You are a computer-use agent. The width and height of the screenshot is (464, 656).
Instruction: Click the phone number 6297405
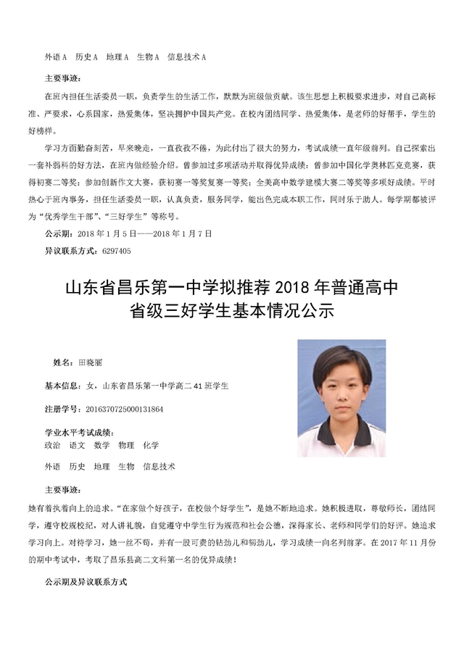pos(116,251)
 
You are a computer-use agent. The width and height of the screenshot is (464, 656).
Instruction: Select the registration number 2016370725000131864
pos(125,409)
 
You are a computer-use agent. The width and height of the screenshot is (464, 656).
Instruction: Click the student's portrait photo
pos(341,398)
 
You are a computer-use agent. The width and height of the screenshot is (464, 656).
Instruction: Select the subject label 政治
pos(52,445)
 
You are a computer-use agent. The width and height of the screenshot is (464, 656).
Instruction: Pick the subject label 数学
pos(101,445)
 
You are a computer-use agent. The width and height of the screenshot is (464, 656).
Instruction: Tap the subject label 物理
pos(126,445)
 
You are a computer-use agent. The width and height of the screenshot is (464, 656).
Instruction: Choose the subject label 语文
pos(77,445)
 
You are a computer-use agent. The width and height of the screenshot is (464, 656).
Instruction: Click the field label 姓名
pos(62,361)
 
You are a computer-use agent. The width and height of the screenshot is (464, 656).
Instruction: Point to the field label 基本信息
pos(62,385)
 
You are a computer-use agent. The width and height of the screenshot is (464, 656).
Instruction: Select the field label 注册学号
pos(62,409)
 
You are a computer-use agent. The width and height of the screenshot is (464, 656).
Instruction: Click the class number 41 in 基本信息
pos(197,385)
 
